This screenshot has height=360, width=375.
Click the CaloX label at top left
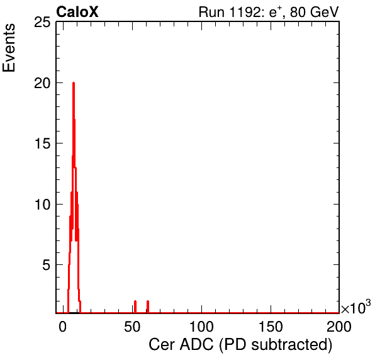77,12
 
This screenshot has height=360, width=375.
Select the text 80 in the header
298,12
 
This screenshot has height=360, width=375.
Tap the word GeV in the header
324,12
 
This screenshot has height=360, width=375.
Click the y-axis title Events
9,48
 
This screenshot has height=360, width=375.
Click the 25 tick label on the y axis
42,23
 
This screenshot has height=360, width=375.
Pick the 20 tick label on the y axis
42,84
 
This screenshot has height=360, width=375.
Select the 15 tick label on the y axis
42,144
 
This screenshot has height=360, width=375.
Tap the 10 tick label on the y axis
42,205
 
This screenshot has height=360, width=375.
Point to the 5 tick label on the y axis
47,265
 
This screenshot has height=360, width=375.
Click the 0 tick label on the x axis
63,327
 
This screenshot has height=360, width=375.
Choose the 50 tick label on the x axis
132,327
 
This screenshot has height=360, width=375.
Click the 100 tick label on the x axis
201,327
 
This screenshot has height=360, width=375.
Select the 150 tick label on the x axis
271,327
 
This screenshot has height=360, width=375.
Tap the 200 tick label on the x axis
339,327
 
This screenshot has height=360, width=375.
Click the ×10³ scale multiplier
356,307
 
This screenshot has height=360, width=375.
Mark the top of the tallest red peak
74,83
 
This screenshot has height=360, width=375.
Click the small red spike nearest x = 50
135,307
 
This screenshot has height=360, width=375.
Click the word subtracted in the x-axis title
291,345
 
